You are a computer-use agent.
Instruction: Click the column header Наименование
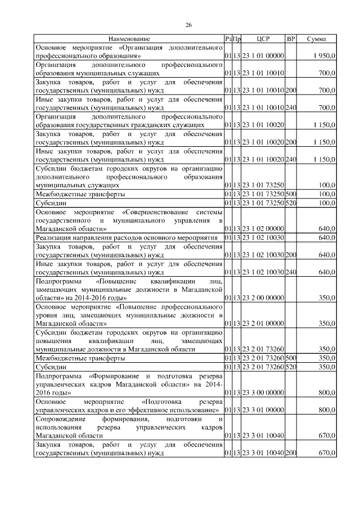pyautogui.click(x=129, y=39)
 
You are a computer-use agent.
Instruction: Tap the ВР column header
pyautogui.click(x=291, y=39)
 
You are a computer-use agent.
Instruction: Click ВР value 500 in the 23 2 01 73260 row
pyautogui.click(x=291, y=358)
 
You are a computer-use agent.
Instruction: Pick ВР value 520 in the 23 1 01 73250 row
pyautogui.click(x=291, y=202)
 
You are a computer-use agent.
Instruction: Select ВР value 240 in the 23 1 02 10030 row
pyautogui.click(x=291, y=272)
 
